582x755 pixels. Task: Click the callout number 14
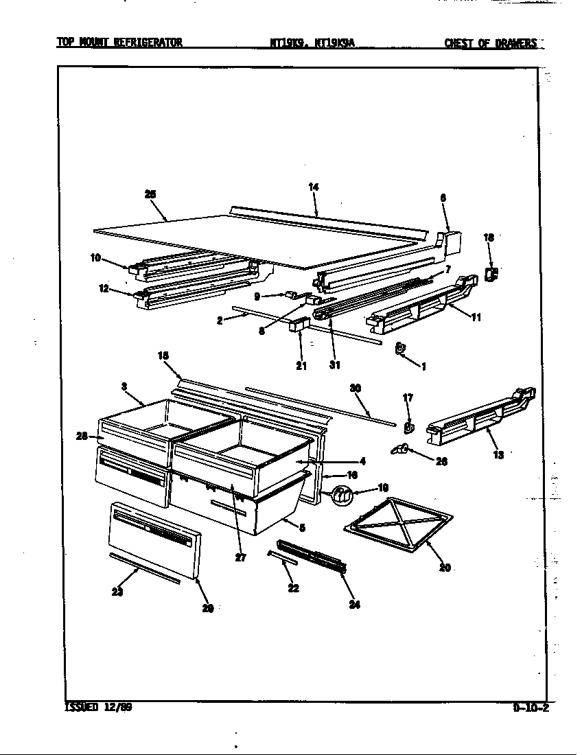[x=314, y=187]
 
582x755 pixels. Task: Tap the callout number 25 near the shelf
[x=151, y=194]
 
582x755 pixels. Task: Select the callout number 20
[x=445, y=568]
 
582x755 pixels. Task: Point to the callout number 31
[x=334, y=365]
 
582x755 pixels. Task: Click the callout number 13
[x=498, y=454]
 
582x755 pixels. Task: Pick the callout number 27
[x=240, y=557]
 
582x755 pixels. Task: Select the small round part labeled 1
[x=401, y=349]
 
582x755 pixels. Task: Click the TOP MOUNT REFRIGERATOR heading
[x=119, y=43]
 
